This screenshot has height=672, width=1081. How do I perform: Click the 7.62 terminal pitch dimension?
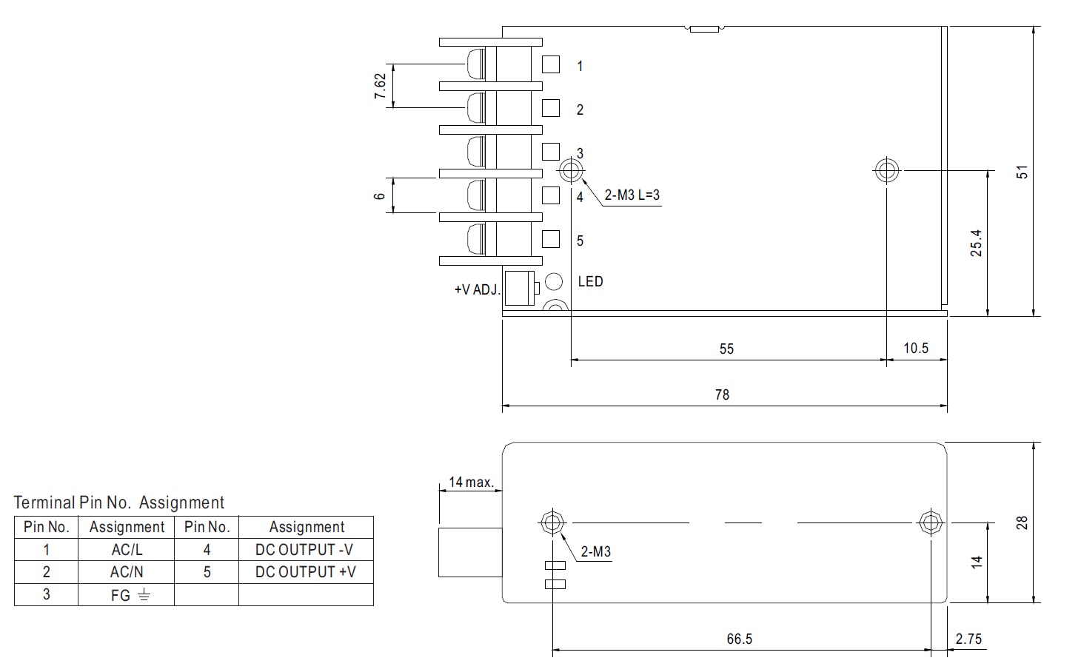[x=381, y=86]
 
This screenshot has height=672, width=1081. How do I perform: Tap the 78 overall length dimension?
[x=722, y=394]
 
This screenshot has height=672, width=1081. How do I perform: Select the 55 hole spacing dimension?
[x=726, y=349]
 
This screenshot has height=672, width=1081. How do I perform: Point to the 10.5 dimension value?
[x=915, y=348]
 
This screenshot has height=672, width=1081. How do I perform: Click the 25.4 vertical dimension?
[x=976, y=243]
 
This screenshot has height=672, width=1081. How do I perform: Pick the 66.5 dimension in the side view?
[x=740, y=639]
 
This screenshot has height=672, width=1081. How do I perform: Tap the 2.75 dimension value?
[x=968, y=639]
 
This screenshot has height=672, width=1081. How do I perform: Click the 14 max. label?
[x=472, y=482]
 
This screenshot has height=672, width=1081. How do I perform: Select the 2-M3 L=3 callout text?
[x=632, y=195]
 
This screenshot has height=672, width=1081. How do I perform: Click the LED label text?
[x=590, y=281]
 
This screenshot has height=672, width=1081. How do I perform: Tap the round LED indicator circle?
[x=554, y=282]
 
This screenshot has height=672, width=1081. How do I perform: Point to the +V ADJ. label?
[x=477, y=289]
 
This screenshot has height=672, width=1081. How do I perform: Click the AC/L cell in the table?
[x=127, y=549]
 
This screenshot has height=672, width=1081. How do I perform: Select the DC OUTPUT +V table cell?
[x=306, y=571]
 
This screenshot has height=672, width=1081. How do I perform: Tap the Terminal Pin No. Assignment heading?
[x=118, y=503]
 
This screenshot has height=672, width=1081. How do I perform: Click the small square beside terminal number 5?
[x=551, y=239]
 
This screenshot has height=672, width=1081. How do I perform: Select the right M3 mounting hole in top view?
[x=886, y=170]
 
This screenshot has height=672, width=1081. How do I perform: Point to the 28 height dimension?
[x=1022, y=523]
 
